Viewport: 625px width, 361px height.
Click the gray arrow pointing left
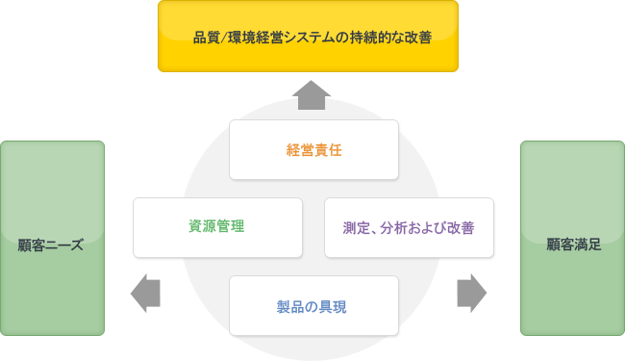pyautogui.click(x=144, y=293)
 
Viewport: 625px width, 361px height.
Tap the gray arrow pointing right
pyautogui.click(x=471, y=293)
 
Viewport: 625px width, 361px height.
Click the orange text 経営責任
pyautogui.click(x=314, y=150)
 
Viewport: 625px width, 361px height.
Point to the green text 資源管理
pyautogui.click(x=217, y=227)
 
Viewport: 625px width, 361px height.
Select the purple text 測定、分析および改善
pyautogui.click(x=409, y=228)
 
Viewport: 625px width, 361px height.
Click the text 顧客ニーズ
pyautogui.click(x=52, y=245)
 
